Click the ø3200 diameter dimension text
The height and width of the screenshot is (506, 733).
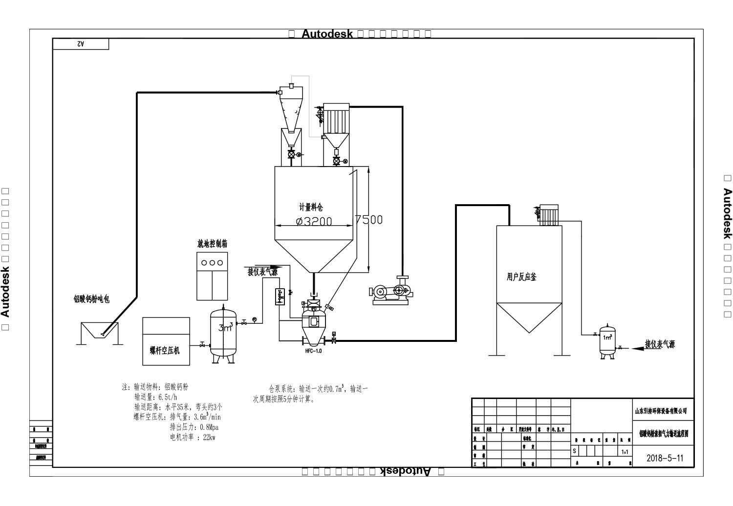(x=314, y=221)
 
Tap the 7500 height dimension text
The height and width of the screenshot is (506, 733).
(x=369, y=219)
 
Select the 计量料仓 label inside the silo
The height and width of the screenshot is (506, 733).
(x=311, y=207)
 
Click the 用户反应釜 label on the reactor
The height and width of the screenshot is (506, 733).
(x=521, y=277)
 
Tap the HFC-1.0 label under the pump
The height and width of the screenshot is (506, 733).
(x=313, y=351)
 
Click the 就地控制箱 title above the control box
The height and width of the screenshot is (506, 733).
(x=212, y=243)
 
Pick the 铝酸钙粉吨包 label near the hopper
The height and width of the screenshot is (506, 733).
(x=91, y=299)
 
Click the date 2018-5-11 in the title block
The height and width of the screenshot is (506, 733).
(x=664, y=458)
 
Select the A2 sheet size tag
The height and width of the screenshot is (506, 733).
(x=81, y=44)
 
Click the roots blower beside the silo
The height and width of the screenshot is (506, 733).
(x=390, y=292)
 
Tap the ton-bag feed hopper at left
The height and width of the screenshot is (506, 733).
(x=97, y=332)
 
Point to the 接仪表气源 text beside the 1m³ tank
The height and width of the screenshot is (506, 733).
(x=659, y=344)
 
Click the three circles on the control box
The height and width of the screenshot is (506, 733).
(x=212, y=262)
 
